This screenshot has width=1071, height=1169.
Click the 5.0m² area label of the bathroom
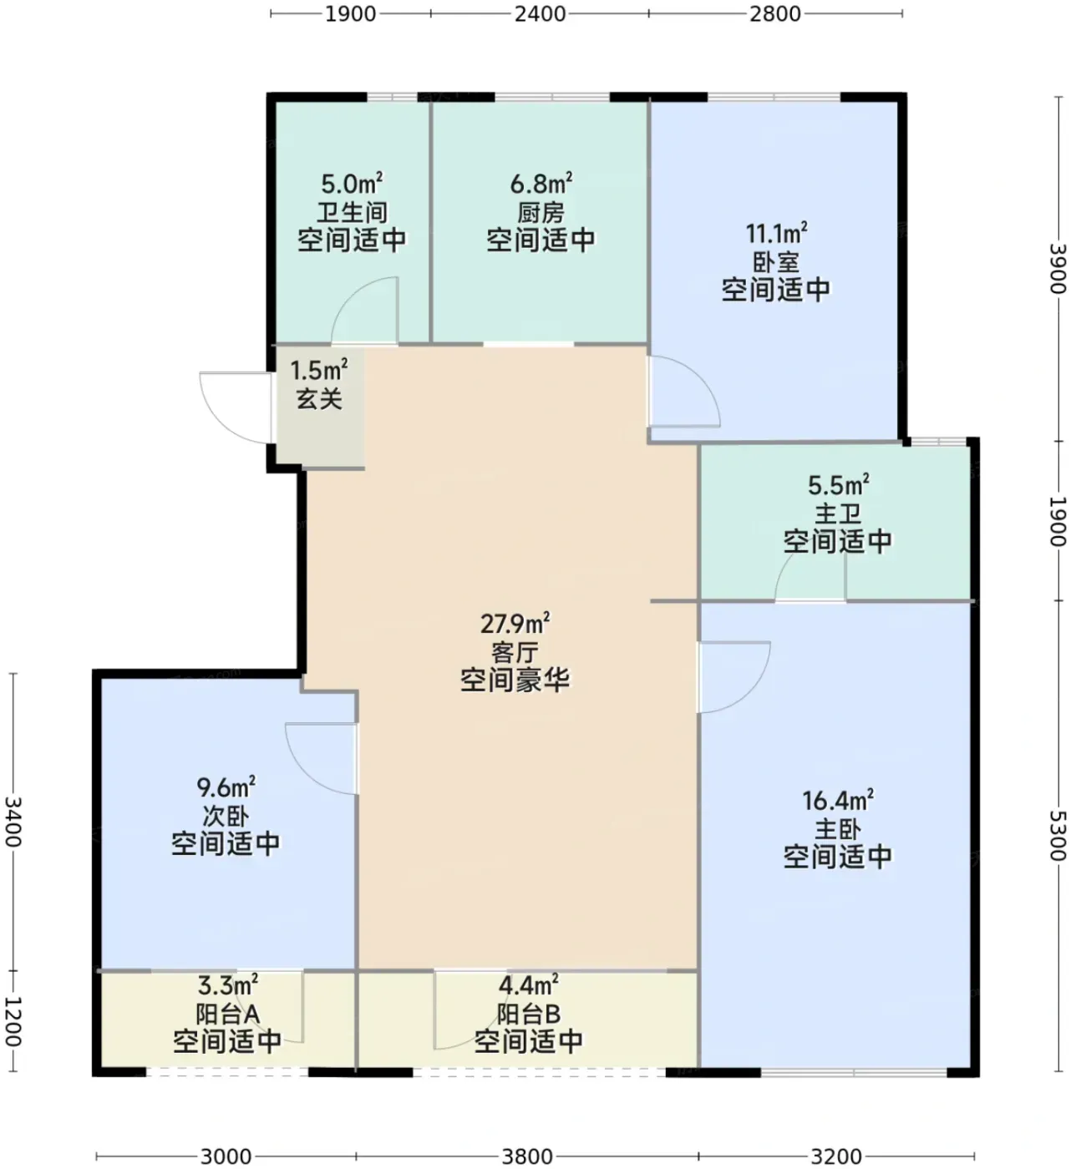click(353, 185)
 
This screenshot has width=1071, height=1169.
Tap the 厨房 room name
click(541, 213)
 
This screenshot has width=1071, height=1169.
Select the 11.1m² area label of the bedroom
click(777, 234)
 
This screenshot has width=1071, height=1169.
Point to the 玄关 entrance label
click(319, 398)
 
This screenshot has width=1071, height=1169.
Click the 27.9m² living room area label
click(515, 624)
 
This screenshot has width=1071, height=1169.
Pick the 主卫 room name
click(838, 514)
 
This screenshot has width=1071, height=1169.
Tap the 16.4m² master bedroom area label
click(838, 801)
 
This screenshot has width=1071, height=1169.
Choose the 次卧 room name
click(226, 816)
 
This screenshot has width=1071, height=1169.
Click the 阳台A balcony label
click(227, 1015)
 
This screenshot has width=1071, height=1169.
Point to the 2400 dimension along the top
click(540, 13)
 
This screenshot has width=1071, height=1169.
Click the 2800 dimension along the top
click(774, 13)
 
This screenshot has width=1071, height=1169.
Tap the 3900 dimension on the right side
click(1058, 269)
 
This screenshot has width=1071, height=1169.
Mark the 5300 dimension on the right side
click(1058, 835)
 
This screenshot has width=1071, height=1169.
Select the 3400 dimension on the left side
click(13, 822)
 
